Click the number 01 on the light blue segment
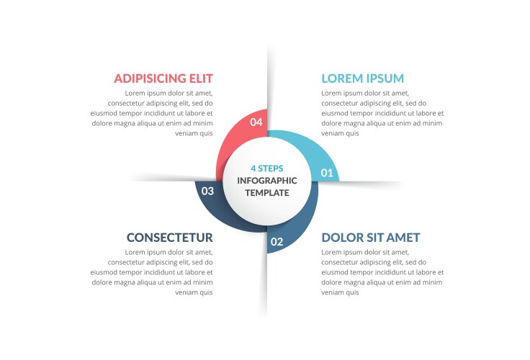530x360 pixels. (x=327, y=173)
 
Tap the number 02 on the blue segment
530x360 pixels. (x=277, y=242)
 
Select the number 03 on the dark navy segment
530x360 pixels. (x=207, y=191)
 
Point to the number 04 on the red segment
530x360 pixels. (x=256, y=122)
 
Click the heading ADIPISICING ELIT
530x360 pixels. (x=163, y=78)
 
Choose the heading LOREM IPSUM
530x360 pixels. (x=363, y=78)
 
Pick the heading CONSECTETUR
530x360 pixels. (x=170, y=238)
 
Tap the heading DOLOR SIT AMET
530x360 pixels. (x=371, y=238)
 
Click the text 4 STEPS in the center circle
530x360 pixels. (x=267, y=168)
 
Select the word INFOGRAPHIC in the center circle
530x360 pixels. (x=267, y=181)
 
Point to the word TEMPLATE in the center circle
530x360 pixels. (x=267, y=193)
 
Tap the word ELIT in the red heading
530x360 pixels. (x=201, y=78)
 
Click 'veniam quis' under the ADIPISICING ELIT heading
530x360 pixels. (x=194, y=133)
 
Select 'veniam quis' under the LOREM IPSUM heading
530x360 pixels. (x=340, y=133)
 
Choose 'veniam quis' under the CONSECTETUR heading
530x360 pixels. (x=194, y=293)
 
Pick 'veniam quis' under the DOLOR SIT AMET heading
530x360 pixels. (x=340, y=293)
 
